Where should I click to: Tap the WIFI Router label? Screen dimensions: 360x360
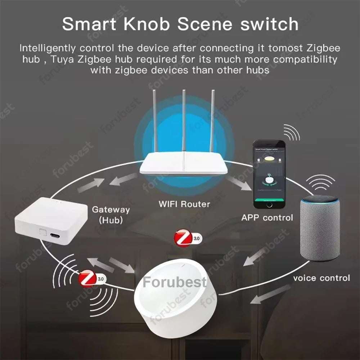pyautogui.click(x=184, y=204)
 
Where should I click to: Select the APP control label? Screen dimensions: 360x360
pyautogui.click(x=267, y=218)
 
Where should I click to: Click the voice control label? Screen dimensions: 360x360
pyautogui.click(x=321, y=278)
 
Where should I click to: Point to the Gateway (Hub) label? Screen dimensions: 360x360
pyautogui.click(x=111, y=215)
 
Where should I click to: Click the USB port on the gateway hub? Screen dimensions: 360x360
pyautogui.click(x=56, y=235)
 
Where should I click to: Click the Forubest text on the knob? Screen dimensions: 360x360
pyautogui.click(x=175, y=282)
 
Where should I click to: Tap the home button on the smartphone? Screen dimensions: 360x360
pyautogui.click(x=269, y=204)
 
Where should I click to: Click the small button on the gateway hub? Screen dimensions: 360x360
pyautogui.click(x=43, y=232)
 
